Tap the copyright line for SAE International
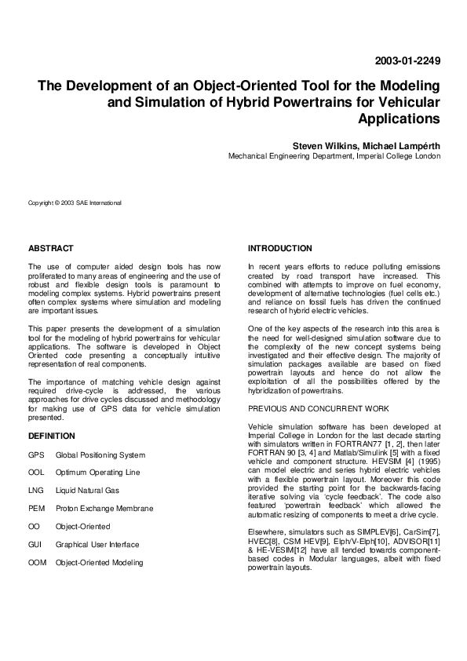pyautogui.click(x=75, y=203)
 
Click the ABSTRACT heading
pyautogui.click(x=50, y=248)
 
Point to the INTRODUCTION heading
pyautogui.click(x=279, y=248)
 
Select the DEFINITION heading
pyautogui.click(x=51, y=435)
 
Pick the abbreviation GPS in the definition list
pyautogui.click(x=36, y=455)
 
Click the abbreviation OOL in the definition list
pyautogui.click(x=36, y=473)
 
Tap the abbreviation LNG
pyautogui.click(x=36, y=491)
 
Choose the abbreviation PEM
pyautogui.click(x=36, y=509)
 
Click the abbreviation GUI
pyautogui.click(x=35, y=545)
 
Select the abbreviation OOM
pyautogui.click(x=37, y=563)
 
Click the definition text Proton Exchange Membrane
pyautogui.click(x=104, y=509)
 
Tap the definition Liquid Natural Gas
pyautogui.click(x=88, y=491)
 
